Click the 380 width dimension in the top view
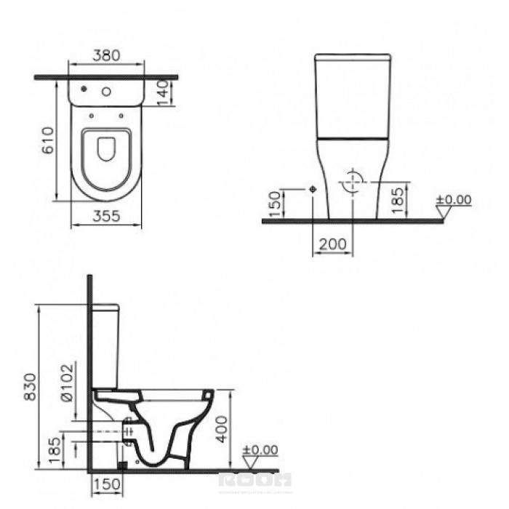point(106,55)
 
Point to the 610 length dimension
point(49,140)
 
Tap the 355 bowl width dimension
point(106,216)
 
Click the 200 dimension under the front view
point(333,244)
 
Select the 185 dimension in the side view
point(54,450)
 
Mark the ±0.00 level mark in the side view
point(260,450)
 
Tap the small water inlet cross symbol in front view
point(313,188)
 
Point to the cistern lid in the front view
point(353,57)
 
